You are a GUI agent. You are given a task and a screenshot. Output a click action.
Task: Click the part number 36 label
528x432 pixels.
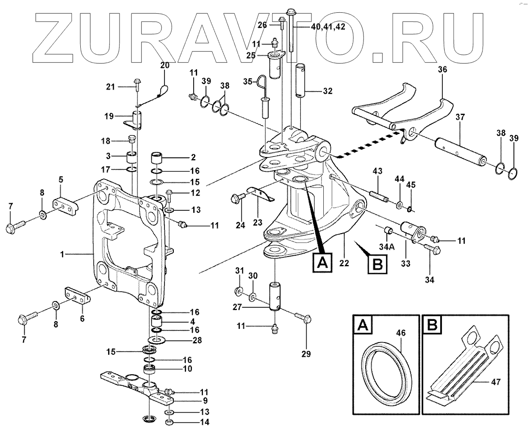(x=442, y=69)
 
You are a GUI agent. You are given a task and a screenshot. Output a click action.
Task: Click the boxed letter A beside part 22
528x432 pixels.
(x=322, y=263)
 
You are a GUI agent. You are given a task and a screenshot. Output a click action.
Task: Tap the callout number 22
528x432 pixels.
(x=344, y=263)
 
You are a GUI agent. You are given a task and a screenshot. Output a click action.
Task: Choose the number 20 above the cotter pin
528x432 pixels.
(x=165, y=65)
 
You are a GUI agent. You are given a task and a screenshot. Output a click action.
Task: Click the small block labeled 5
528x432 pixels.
(x=65, y=205)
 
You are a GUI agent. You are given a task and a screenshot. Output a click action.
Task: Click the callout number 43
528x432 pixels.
(x=377, y=171)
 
